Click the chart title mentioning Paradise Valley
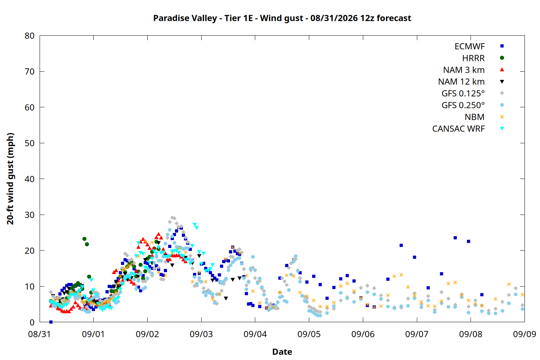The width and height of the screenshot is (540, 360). (x=282, y=18)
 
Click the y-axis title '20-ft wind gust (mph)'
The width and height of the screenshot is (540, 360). (x=10, y=179)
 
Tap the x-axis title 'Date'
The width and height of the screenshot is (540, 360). (x=282, y=352)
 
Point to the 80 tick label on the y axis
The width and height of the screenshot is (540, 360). (x=30, y=36)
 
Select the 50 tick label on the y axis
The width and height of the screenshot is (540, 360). (x=30, y=143)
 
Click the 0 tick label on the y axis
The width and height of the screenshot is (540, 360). (x=32, y=323)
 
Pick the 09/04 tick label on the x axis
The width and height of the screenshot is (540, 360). (x=255, y=334)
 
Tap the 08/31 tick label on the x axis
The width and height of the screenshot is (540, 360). (x=40, y=334)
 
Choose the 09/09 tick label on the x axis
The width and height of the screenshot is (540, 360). (x=525, y=334)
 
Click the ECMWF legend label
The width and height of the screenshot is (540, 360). (x=469, y=46)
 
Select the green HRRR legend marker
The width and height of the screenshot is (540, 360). (x=502, y=58)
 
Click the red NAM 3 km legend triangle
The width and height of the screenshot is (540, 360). (x=502, y=70)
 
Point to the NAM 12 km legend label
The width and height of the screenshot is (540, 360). (x=461, y=82)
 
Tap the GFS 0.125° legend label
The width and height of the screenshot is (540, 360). (x=463, y=93)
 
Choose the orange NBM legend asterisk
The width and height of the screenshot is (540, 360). (x=502, y=117)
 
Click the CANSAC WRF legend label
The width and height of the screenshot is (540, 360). (x=459, y=129)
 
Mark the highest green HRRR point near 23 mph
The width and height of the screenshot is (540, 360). (x=84, y=239)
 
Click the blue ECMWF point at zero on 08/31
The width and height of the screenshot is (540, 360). (x=51, y=322)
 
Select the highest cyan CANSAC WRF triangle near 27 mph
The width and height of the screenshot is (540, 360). (x=194, y=225)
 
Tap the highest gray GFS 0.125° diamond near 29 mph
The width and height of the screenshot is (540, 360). (x=172, y=217)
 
